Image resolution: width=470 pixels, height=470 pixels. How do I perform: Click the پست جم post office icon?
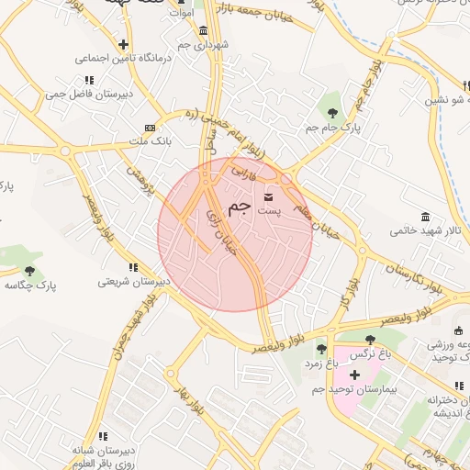coord(268,197)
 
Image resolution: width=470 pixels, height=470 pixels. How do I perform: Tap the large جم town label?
coord(239,207)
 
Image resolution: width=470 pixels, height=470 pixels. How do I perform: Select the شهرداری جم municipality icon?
coord(203,31)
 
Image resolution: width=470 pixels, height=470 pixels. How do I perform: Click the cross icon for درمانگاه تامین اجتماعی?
coord(124,44)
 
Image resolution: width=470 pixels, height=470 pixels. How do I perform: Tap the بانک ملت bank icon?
coord(150,128)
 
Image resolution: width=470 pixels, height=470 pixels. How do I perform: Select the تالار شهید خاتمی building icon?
coord(424,217)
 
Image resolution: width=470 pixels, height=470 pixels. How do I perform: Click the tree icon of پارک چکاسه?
coord(30,271)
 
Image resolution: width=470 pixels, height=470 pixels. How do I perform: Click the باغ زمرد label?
coord(320,364)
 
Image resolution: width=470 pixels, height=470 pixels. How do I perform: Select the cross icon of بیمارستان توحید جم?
coord(354,375)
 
